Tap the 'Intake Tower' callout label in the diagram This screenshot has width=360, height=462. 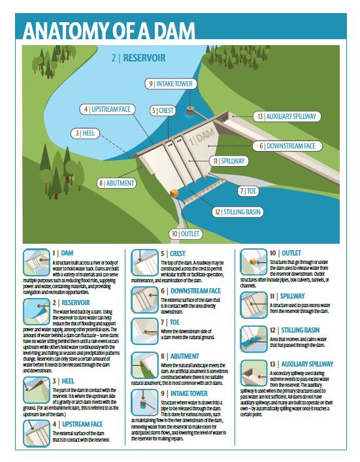pos(170,84)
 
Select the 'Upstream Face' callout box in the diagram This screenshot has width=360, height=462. pos(108,108)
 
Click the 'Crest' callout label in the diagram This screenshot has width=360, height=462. pos(163,110)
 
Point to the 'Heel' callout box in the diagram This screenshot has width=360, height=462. pos(86,133)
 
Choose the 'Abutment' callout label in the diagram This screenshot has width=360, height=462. pos(118,184)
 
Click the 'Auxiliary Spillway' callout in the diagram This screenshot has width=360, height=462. pos(287,116)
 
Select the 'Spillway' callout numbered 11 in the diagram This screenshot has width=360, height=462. pos(228,160)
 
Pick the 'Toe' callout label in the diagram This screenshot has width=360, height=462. pos(249,191)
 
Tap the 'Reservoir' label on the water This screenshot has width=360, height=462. pos(138,58)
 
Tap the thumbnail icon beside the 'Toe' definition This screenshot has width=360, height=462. pos(144,329)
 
